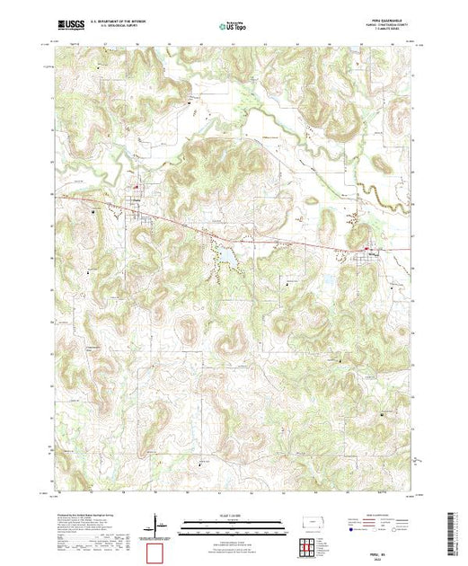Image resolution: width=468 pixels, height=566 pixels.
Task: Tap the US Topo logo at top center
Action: coord(233,27)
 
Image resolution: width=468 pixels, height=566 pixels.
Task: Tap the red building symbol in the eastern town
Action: coord(366,248)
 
